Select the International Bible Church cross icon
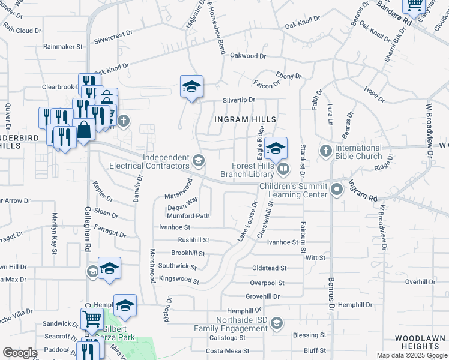pyautogui.click(x=325, y=150)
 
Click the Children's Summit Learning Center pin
pyautogui.click(x=337, y=189)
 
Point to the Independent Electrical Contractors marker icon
pyautogui.click(x=199, y=160)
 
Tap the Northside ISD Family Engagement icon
pyautogui.click(x=276, y=323)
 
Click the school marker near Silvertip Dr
pyautogui.click(x=192, y=87)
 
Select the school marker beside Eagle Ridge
pyautogui.click(x=276, y=149)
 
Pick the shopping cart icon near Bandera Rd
pyautogui.click(x=415, y=6)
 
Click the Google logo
pyautogui.click(x=20, y=353)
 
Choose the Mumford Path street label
pyautogui.click(x=188, y=216)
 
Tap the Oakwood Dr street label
pyautogui.click(x=248, y=56)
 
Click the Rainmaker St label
pyautogui.click(x=62, y=46)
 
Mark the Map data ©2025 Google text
pyautogui.click(x=411, y=355)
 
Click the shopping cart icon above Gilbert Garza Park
pyautogui.click(x=91, y=319)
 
